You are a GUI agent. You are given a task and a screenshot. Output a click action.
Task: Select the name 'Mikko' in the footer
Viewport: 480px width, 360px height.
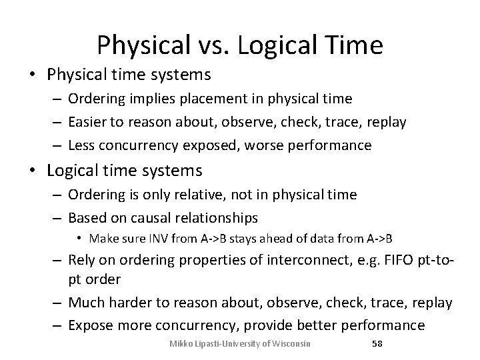(181, 344)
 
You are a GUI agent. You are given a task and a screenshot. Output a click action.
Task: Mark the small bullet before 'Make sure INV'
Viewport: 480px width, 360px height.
(79, 238)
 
